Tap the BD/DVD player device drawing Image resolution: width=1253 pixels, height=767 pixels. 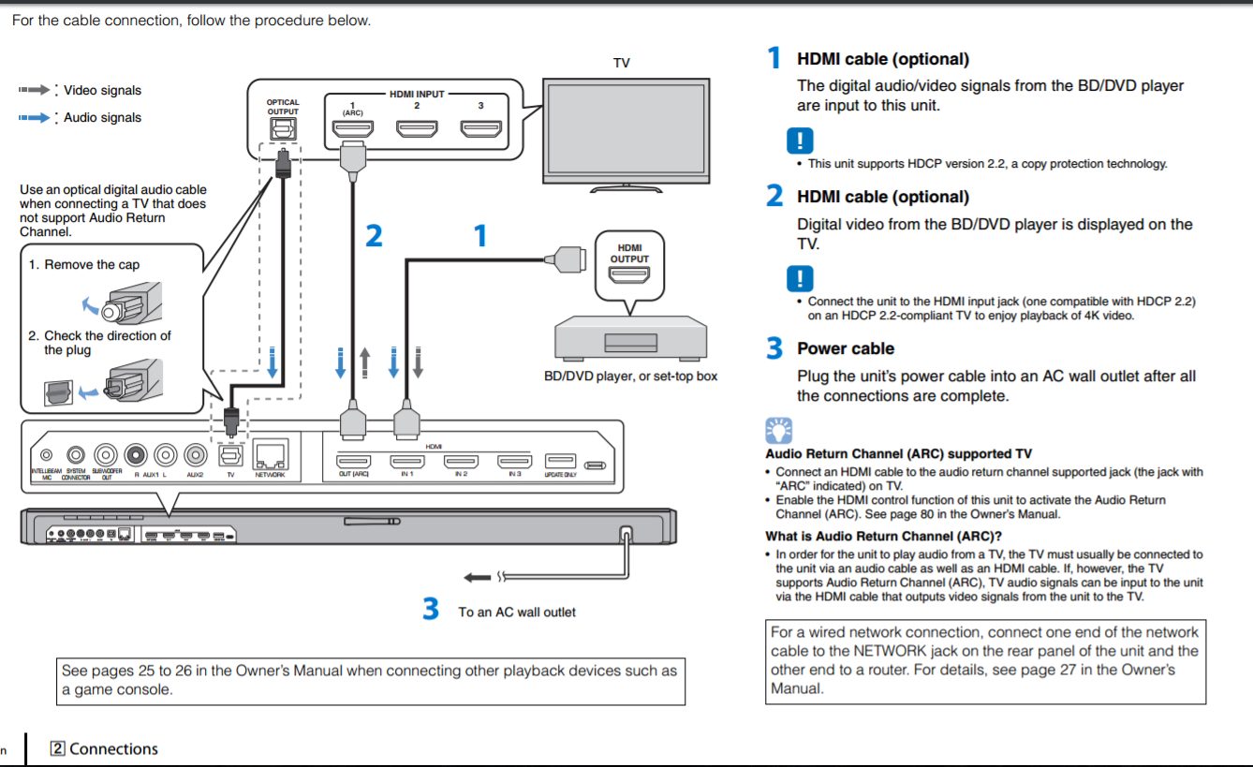click(628, 337)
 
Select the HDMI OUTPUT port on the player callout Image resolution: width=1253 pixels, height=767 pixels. click(629, 275)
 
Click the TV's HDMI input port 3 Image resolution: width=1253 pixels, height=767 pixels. click(480, 128)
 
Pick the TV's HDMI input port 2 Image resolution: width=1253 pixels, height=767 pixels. click(417, 128)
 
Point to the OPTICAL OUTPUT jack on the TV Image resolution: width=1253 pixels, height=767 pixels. click(283, 129)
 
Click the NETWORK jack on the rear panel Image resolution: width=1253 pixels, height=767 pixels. click(270, 455)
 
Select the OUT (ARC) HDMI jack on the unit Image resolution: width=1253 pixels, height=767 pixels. click(354, 462)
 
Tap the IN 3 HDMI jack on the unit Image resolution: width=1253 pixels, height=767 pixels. click(514, 462)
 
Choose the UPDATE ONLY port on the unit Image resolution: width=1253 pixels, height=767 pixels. click(561, 462)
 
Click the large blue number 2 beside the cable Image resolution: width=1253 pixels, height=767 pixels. click(374, 236)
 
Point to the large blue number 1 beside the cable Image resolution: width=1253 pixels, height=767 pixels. click(480, 236)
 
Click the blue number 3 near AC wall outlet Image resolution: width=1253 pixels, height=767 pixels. click(431, 610)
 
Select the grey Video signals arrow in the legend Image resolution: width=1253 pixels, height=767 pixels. click(35, 90)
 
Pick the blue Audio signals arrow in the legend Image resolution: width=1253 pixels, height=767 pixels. click(35, 118)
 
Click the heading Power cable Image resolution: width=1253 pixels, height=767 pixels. click(845, 348)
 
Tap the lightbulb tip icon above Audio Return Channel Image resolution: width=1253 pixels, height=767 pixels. click(778, 431)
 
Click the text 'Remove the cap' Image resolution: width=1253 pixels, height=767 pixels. click(91, 265)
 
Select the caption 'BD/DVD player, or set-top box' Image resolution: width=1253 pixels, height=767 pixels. click(630, 376)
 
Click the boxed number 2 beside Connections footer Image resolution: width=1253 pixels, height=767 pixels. click(58, 748)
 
